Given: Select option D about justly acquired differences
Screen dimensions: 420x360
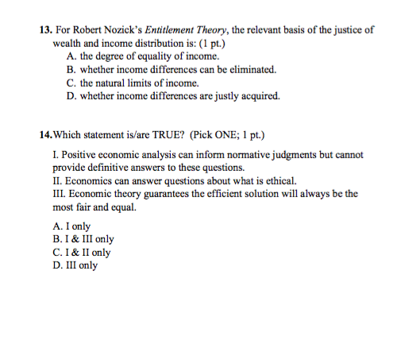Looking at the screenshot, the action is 174,95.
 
